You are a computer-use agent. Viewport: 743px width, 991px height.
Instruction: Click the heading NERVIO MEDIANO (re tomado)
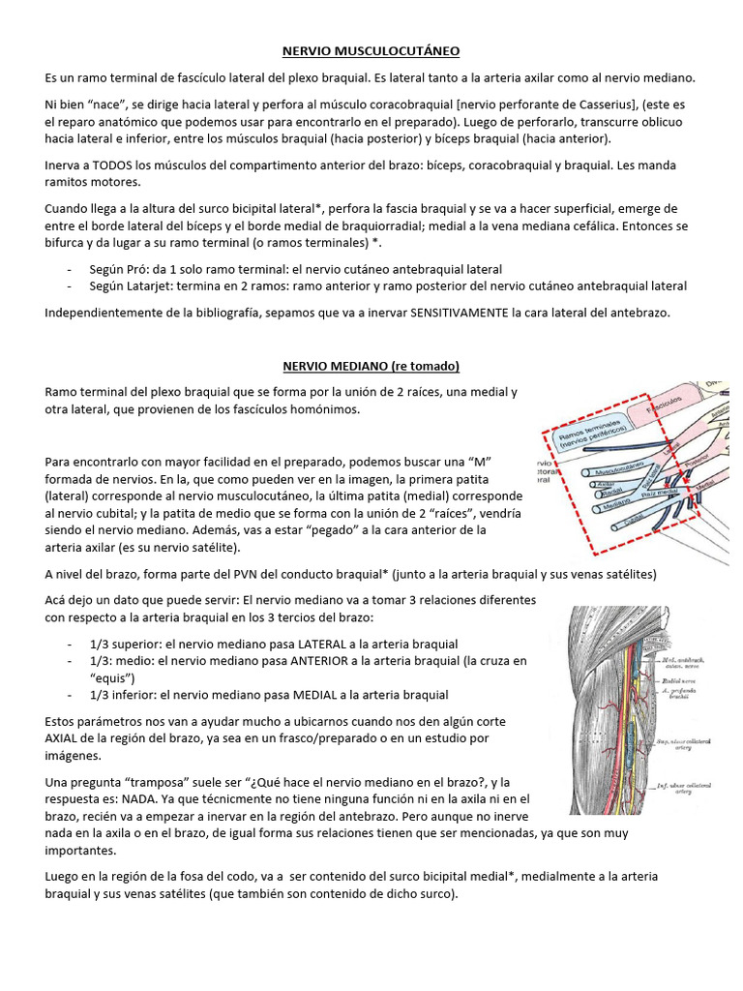[x=371, y=366]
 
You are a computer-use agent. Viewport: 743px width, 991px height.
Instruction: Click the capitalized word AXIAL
[x=64, y=738]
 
